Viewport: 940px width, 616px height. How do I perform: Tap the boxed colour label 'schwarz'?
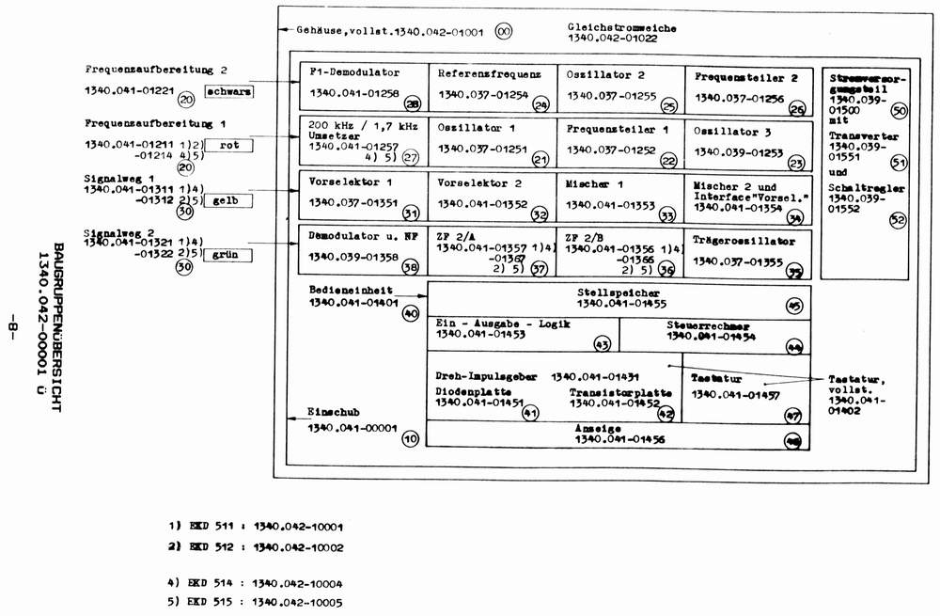(229, 93)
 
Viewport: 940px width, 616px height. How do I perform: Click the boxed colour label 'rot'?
(229, 145)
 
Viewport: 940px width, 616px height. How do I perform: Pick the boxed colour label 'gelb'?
(229, 200)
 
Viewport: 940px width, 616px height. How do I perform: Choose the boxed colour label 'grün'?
(229, 253)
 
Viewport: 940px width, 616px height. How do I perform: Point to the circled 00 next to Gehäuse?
(503, 32)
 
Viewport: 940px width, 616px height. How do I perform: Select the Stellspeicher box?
(621, 298)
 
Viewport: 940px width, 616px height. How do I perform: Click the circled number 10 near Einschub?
(411, 438)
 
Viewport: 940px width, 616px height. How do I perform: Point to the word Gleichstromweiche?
(622, 26)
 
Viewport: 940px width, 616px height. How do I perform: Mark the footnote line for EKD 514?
(255, 583)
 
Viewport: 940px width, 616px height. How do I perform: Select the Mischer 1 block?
(620, 195)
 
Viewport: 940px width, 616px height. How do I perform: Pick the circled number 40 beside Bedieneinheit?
(410, 314)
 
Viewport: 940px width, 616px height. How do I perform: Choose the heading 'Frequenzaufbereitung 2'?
(155, 69)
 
